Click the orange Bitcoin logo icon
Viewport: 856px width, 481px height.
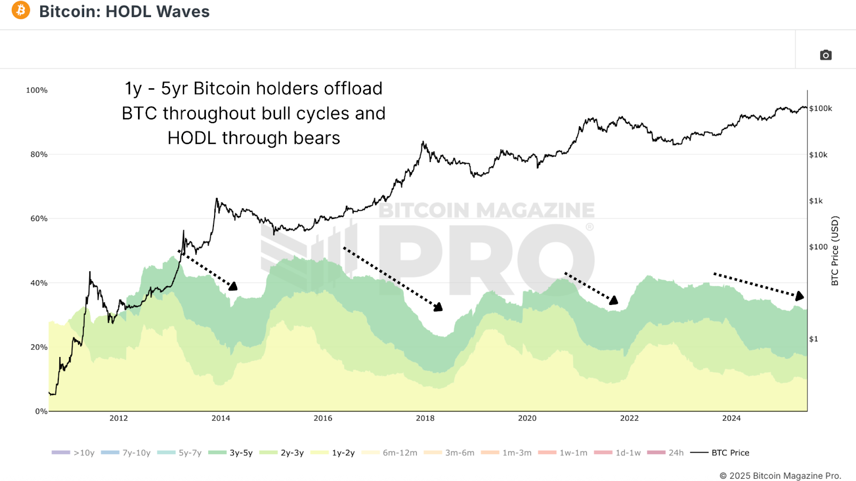click(x=21, y=10)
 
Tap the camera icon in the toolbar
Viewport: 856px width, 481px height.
click(x=826, y=55)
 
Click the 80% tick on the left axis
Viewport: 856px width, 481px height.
click(x=39, y=155)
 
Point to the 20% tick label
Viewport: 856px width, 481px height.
click(x=39, y=347)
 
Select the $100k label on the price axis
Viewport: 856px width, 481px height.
click(x=821, y=109)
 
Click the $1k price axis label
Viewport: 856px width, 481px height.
click(x=816, y=201)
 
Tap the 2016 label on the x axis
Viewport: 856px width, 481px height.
click(x=323, y=418)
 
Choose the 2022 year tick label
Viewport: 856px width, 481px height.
click(x=629, y=418)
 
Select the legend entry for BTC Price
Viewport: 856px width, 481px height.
click(x=720, y=453)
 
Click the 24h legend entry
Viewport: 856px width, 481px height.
click(x=666, y=453)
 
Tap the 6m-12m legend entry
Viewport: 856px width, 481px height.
click(x=390, y=453)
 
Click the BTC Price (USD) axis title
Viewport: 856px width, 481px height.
click(x=835, y=250)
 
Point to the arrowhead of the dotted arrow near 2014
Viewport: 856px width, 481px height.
click(x=233, y=287)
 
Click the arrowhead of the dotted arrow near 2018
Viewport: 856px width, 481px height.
click(x=439, y=307)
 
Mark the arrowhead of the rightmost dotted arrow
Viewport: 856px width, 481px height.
click(x=800, y=296)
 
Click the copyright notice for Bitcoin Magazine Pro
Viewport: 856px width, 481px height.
click(x=780, y=476)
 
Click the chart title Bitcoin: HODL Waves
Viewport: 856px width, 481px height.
click(x=124, y=11)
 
